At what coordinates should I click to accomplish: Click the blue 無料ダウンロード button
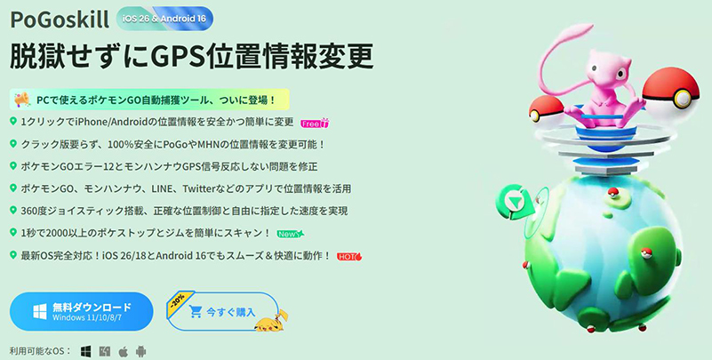[x=81, y=312]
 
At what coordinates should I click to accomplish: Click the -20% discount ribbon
[x=179, y=298]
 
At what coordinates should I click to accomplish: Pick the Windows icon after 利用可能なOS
[x=86, y=352]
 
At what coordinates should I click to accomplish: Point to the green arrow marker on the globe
[x=512, y=202]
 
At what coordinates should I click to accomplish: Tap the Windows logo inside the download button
[x=39, y=312]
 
